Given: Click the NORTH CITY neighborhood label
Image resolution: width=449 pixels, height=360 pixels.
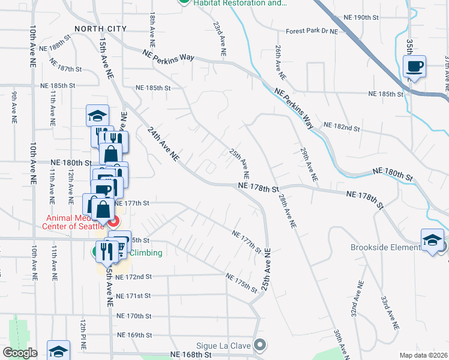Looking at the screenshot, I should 101,28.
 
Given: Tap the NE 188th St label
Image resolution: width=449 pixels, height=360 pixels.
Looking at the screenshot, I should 55,47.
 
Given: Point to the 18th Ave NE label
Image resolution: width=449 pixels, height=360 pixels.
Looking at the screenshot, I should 152,31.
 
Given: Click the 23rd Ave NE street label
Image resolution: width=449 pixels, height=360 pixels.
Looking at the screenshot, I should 220,40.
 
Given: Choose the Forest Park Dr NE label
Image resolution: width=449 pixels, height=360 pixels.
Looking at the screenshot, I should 312,31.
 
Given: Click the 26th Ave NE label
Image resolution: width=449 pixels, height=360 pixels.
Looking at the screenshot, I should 280,62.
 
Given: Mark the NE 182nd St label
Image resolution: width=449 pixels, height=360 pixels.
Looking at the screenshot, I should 342,127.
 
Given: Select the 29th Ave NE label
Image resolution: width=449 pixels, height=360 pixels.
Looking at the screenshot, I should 309,165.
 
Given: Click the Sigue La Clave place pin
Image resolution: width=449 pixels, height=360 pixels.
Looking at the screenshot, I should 260,344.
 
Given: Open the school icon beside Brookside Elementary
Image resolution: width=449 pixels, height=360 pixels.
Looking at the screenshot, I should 432,241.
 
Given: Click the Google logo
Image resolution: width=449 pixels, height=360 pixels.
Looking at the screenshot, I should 19,353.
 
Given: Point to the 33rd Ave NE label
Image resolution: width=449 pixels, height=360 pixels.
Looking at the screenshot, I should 388,313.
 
